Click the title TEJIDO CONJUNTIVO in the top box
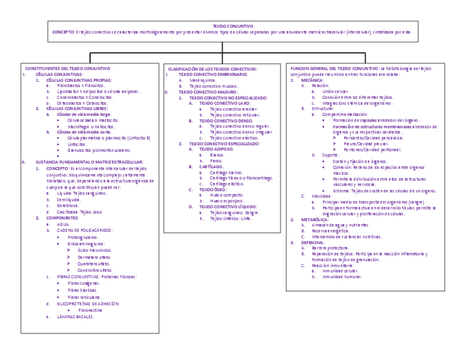[233, 26]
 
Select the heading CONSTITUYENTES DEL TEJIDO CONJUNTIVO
[68, 68]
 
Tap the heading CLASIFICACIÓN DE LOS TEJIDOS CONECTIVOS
[212, 68]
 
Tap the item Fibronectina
[90, 310]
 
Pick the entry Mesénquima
[203, 80]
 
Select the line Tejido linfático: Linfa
[230, 218]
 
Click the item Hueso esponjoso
[226, 201]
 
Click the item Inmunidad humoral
[342, 276]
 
